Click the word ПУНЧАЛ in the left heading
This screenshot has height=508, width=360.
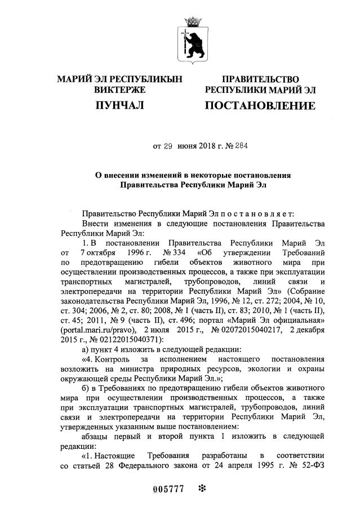(x=119, y=105)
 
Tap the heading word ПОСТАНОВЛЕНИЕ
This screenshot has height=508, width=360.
(x=260, y=105)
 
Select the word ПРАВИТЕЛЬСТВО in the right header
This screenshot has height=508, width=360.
(x=260, y=79)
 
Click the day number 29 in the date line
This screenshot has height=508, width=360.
(x=167, y=146)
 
